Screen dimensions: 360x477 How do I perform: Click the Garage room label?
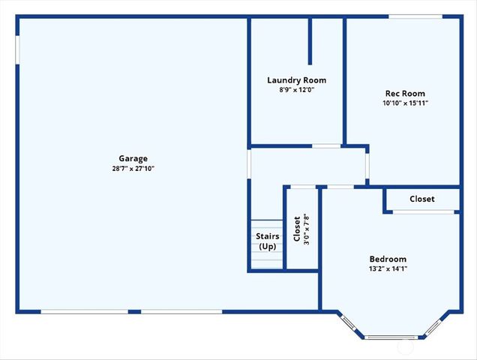[x=133, y=158]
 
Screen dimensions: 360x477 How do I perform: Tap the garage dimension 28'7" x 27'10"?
[x=133, y=169]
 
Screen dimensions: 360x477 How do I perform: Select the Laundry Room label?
[x=296, y=80]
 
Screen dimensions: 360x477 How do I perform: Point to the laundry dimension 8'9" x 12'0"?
[x=296, y=90]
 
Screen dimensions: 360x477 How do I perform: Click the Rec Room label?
[x=405, y=94]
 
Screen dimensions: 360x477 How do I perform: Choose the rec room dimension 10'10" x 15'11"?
[x=405, y=103]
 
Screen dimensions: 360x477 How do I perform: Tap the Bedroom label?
[x=388, y=259]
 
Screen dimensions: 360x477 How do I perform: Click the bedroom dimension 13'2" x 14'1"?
[x=388, y=268]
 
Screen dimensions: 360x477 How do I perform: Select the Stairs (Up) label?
[x=268, y=241]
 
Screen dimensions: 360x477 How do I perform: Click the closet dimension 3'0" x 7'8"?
[x=306, y=229]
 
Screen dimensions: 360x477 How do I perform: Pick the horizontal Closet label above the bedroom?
[x=421, y=199]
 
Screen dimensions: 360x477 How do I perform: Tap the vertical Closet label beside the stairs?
[x=297, y=229]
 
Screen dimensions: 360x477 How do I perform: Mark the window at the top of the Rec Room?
[x=414, y=16]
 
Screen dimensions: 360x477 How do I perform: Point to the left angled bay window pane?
[x=349, y=323]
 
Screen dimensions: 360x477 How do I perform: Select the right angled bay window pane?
[x=433, y=325]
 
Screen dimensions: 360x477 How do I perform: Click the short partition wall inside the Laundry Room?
[x=310, y=41]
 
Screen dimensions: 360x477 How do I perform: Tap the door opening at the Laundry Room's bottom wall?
[x=326, y=145]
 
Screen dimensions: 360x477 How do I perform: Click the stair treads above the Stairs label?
[x=266, y=225]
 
